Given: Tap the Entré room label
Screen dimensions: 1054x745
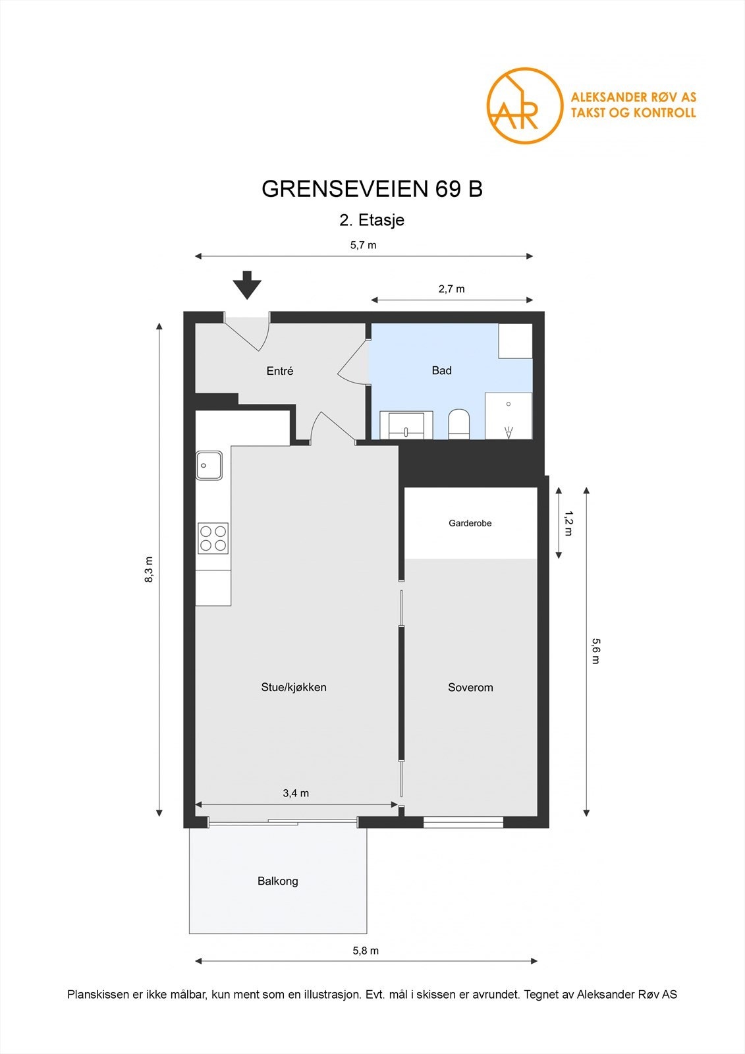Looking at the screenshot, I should tap(280, 371).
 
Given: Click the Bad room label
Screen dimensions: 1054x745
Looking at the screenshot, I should tap(441, 370).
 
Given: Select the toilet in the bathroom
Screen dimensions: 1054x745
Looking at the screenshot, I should tap(458, 424).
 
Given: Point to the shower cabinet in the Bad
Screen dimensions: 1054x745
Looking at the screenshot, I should tap(508, 416).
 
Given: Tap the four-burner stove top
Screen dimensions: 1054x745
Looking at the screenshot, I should tap(213, 538).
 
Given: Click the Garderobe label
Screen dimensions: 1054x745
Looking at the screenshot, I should tap(470, 523).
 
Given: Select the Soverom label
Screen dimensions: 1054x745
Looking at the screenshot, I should tap(470, 687).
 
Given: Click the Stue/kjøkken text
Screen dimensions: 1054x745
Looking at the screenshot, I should tap(294, 687).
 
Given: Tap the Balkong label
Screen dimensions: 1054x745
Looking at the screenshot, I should tap(277, 881).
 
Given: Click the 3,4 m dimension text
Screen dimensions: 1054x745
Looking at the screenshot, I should tap(296, 793).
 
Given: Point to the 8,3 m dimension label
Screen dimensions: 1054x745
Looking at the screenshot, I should tap(149, 570).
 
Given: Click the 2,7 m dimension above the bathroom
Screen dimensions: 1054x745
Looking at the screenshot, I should tap(451, 289).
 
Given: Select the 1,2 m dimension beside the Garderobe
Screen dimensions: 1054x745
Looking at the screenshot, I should tap(569, 523).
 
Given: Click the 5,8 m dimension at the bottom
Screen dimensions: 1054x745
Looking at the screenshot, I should tap(366, 951).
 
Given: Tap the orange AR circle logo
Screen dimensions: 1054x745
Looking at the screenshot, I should tap(524, 105).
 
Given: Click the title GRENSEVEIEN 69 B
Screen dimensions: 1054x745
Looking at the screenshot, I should tap(372, 189).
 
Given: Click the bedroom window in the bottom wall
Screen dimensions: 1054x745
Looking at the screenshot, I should tap(463, 821).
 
